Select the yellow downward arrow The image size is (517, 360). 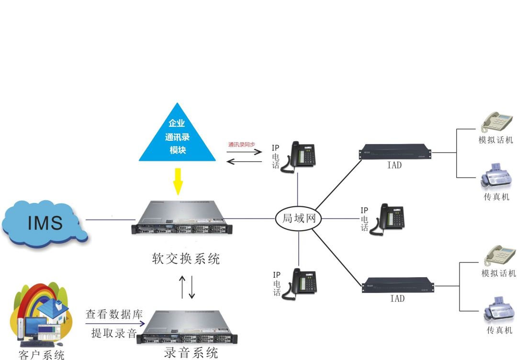tap(178, 181)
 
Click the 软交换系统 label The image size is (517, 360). tap(186, 259)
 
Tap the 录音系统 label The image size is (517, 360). tap(191, 353)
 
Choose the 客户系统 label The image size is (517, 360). tap(41, 355)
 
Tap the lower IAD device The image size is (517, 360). tap(398, 285)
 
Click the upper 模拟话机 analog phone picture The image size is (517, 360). tap(497, 122)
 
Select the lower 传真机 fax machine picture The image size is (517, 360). tap(498, 311)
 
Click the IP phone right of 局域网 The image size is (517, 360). tap(391, 219)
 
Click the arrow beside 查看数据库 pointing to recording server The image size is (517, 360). tap(115, 324)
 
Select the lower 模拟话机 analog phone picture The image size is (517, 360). tap(500, 256)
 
